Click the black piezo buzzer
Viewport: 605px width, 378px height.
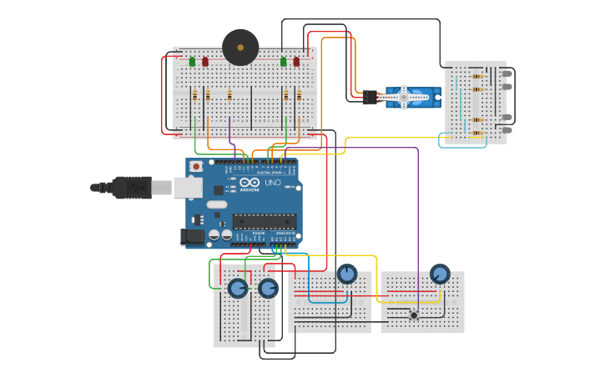pyautogui.click(x=240, y=48)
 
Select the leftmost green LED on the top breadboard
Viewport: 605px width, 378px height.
pyautogui.click(x=192, y=62)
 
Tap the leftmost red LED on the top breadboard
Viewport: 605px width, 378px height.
pyautogui.click(x=205, y=62)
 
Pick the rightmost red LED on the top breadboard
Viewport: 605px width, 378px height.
pyautogui.click(x=296, y=62)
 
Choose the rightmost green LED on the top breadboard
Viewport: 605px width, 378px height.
pyautogui.click(x=284, y=62)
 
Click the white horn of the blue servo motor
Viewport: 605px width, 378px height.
pyautogui.click(x=404, y=97)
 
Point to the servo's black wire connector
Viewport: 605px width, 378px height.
pyautogui.click(x=370, y=98)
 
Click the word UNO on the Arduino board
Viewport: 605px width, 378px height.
pyautogui.click(x=273, y=183)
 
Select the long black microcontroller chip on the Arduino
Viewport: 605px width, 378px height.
pyautogui.click(x=265, y=221)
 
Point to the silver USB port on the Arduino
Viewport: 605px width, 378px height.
pyautogui.click(x=188, y=188)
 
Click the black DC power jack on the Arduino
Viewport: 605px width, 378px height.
pyautogui.click(x=193, y=237)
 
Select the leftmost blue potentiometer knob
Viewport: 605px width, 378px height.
pyautogui.click(x=238, y=289)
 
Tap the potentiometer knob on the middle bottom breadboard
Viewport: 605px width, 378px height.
pyautogui.click(x=347, y=274)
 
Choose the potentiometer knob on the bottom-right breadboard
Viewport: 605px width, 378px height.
pyautogui.click(x=440, y=274)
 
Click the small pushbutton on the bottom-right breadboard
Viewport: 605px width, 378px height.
pyautogui.click(x=414, y=315)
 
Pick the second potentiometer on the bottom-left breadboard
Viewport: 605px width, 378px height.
pyautogui.click(x=268, y=289)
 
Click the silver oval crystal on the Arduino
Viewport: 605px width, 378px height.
pyautogui.click(x=217, y=204)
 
